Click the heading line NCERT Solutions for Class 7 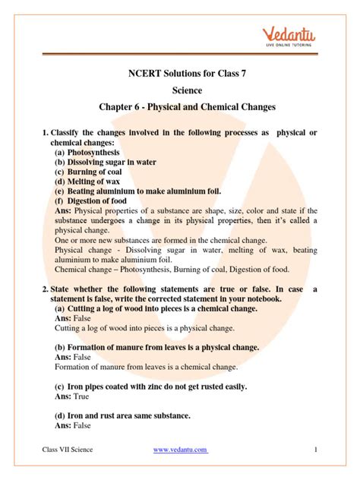[x=179, y=74]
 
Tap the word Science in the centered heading [x=179, y=91]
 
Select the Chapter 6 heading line [x=179, y=108]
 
